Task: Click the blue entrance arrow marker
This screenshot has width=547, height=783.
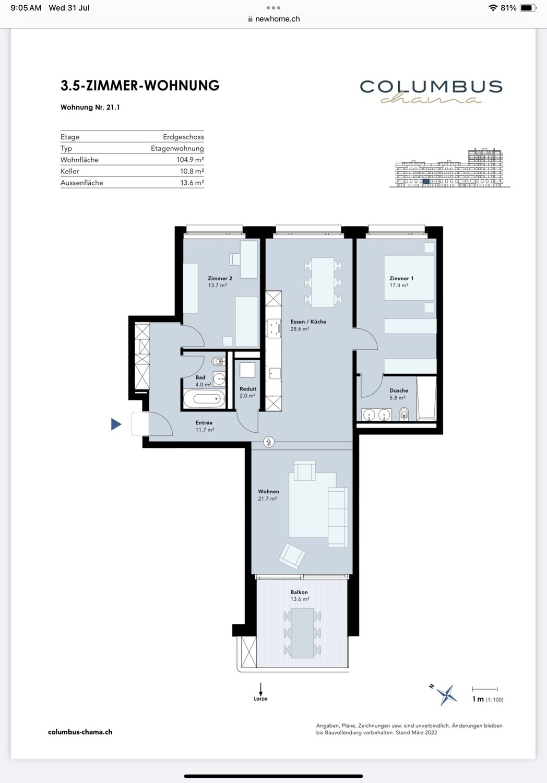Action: pos(116,424)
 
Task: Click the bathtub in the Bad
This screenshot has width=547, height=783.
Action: pos(204,399)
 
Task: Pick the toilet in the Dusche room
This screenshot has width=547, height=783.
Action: pos(404,414)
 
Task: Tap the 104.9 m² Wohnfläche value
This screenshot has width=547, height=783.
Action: pos(190,160)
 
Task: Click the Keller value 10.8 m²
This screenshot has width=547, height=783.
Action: pos(192,171)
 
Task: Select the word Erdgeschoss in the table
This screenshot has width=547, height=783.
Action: pos(184,137)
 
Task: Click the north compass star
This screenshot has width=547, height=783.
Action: pos(447,694)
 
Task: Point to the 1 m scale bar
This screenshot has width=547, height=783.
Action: pos(485,689)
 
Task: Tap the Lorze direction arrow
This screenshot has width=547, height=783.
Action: pos(260,690)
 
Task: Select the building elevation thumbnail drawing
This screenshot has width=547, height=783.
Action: pos(450,168)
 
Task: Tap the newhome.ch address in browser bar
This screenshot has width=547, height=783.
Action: pos(278,19)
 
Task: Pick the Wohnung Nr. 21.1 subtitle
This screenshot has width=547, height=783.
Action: pos(90,108)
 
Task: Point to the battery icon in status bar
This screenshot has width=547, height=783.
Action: pos(528,8)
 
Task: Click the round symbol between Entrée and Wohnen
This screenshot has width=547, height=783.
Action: pos(269,442)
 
